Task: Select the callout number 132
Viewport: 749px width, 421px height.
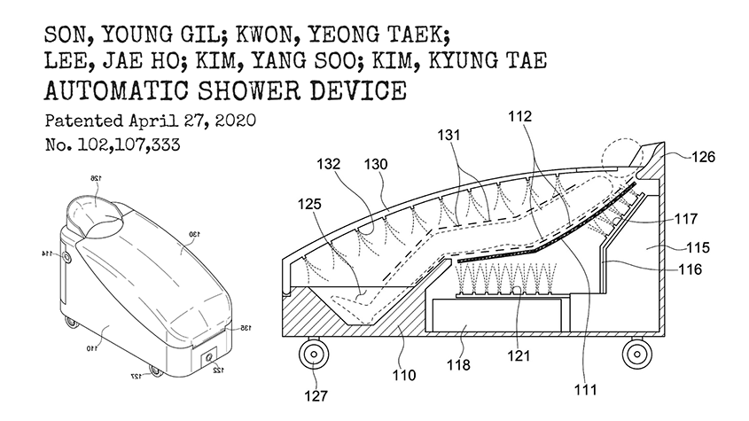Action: (x=333, y=165)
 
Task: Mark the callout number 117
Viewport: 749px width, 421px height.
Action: (x=686, y=217)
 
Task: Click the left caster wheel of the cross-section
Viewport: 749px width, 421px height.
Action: (x=315, y=357)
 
